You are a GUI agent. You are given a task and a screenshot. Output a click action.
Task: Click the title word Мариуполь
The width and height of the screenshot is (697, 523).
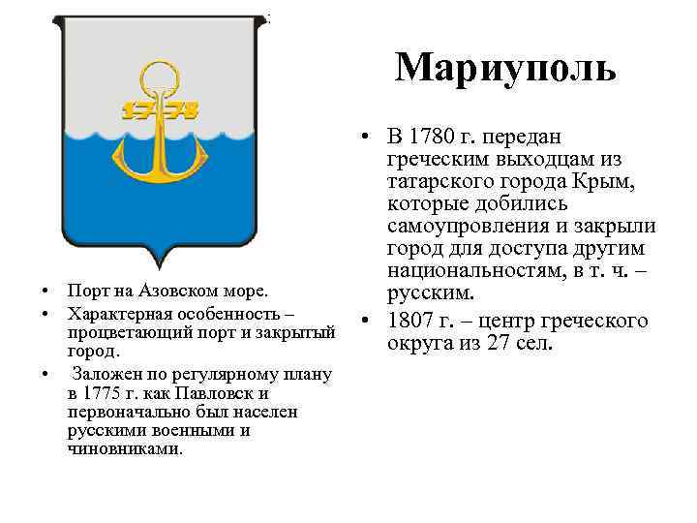tap(504, 67)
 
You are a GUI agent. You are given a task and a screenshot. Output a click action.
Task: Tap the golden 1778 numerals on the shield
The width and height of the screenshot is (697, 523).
tap(159, 109)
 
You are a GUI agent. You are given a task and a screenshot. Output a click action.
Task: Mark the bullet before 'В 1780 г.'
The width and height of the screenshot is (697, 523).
tap(363, 137)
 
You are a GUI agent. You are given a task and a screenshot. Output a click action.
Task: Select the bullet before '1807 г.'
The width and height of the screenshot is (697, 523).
tap(363, 320)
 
